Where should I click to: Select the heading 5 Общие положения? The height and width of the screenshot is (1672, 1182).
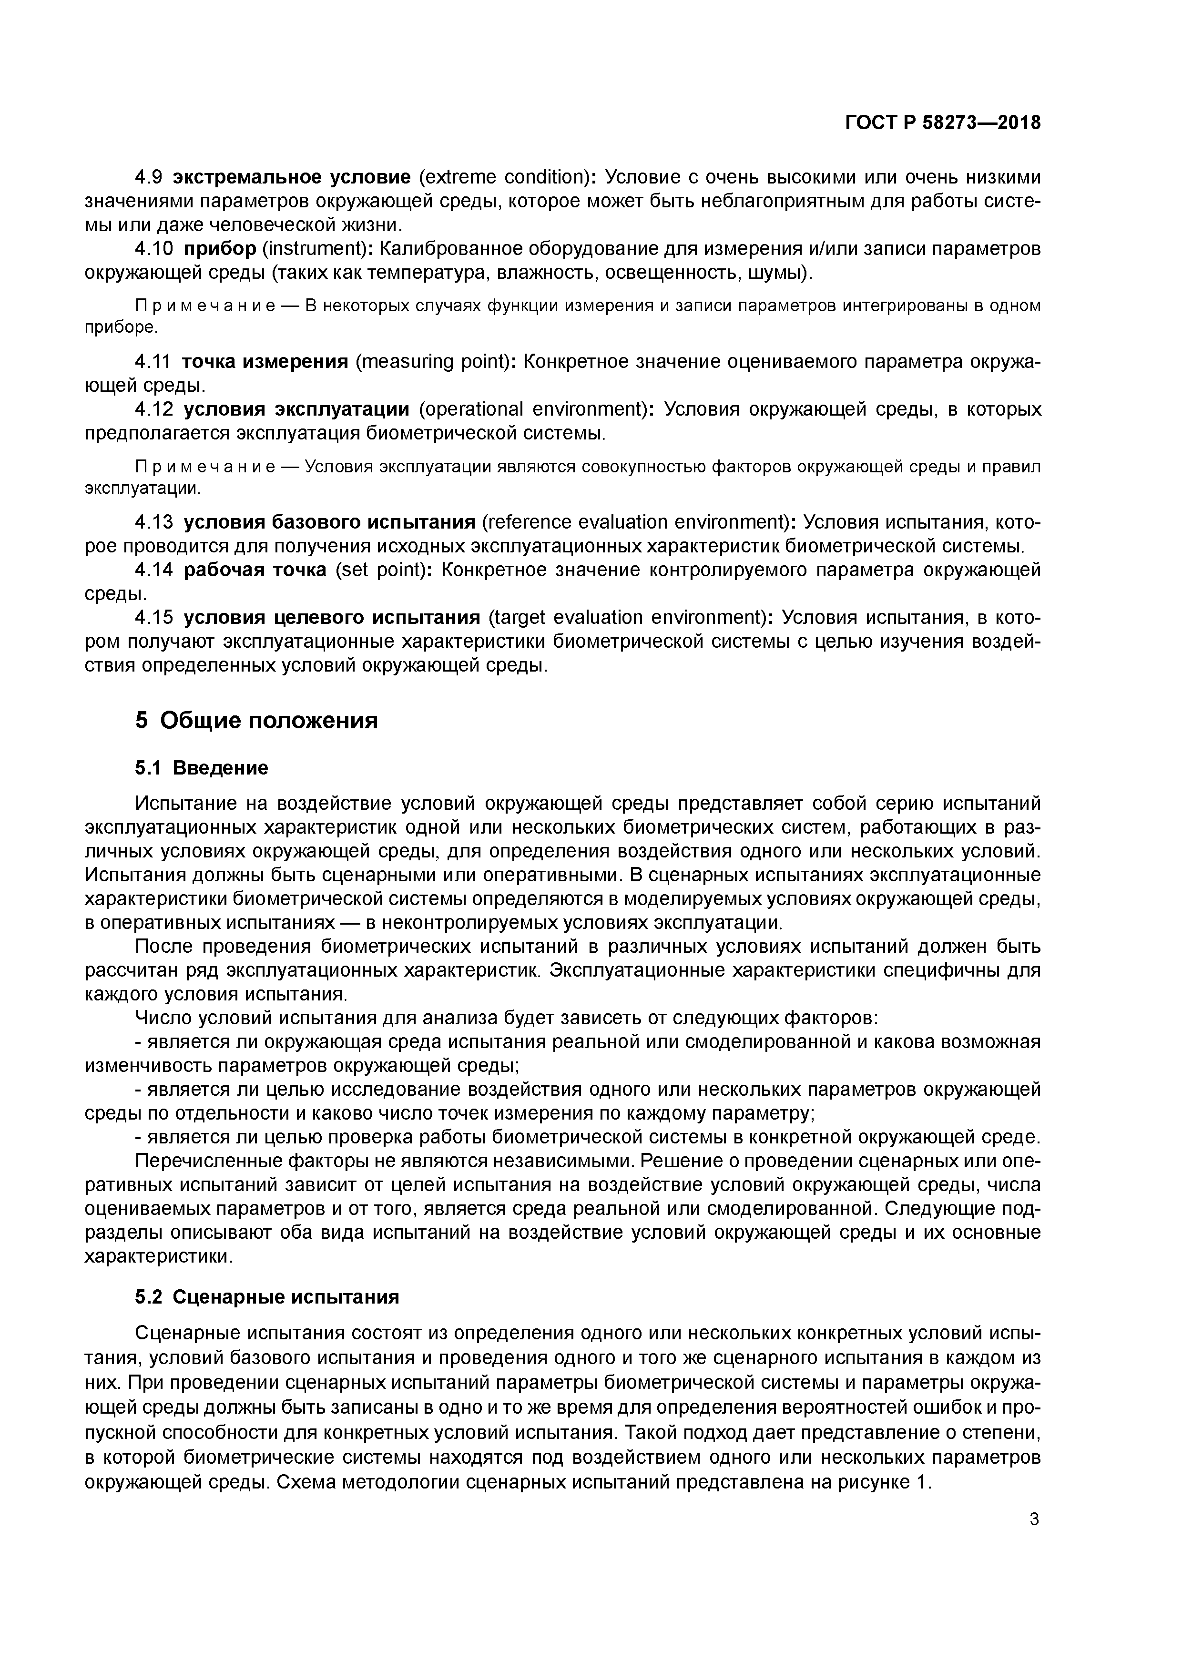pyautogui.click(x=256, y=721)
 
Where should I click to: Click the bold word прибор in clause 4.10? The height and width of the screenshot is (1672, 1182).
pyautogui.click(x=219, y=249)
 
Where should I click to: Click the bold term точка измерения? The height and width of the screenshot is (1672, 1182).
pyautogui.click(x=265, y=362)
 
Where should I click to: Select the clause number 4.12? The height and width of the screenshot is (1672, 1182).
pyautogui.click(x=153, y=410)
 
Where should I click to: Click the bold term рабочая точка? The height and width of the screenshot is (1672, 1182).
pyautogui.click(x=255, y=570)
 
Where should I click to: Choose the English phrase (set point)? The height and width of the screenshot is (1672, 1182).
pyautogui.click(x=380, y=570)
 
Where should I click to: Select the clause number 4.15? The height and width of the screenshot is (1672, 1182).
pyautogui.click(x=153, y=618)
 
